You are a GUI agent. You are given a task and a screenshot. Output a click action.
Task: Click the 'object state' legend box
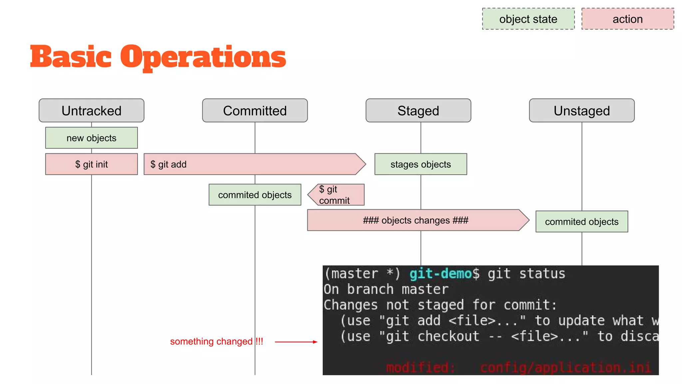528,19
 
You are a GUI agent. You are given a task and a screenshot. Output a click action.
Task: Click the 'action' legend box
627,19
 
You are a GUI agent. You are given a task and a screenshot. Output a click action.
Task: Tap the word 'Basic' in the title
71,57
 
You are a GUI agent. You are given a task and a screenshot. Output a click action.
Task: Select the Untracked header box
91,111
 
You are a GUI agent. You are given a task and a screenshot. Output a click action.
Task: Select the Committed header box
255,111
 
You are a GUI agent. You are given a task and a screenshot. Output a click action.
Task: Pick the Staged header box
418,111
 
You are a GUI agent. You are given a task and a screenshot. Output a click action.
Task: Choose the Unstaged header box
582,111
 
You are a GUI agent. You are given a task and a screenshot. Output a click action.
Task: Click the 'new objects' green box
91,138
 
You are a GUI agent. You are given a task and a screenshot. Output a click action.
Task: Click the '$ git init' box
91,164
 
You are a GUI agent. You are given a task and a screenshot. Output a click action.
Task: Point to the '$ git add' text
169,164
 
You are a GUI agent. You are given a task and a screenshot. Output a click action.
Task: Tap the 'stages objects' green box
421,164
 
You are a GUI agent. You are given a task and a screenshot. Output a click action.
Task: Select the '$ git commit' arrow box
336,195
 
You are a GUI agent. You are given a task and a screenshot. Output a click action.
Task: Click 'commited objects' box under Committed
255,195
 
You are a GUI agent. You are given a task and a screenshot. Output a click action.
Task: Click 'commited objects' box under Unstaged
581,221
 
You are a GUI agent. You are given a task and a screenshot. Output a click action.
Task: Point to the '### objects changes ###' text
416,220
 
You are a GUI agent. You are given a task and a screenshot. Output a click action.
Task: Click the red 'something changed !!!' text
216,341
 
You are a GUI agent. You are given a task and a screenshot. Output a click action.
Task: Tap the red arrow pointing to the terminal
296,342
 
